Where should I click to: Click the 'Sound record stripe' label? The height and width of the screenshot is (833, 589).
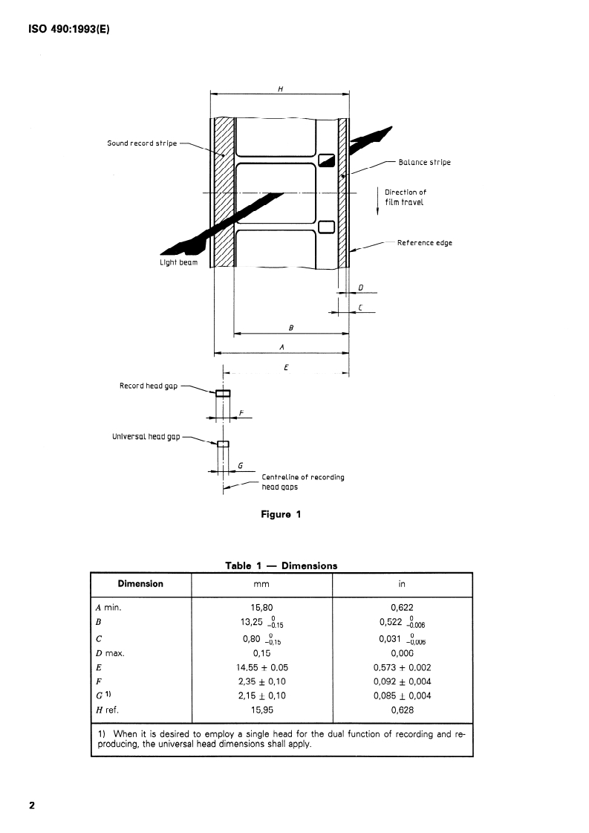pyautogui.click(x=142, y=143)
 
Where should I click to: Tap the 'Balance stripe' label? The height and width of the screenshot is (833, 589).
pyautogui.click(x=424, y=162)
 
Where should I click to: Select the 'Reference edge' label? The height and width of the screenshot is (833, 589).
pyautogui.click(x=424, y=243)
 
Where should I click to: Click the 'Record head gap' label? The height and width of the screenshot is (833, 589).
pyautogui.click(x=149, y=386)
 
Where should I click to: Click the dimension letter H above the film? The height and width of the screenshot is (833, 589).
pyautogui.click(x=280, y=88)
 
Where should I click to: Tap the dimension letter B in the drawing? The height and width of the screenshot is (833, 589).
pyautogui.click(x=290, y=327)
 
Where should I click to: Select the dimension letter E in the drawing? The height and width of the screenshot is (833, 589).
pyautogui.click(x=286, y=368)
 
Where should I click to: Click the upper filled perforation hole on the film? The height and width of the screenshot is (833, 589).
pyautogui.click(x=327, y=160)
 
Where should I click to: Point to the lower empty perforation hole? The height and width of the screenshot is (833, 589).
pyautogui.click(x=326, y=227)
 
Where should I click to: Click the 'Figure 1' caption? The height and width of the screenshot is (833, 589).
pyautogui.click(x=281, y=515)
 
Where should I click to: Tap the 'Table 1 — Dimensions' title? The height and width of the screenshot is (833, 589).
pyautogui.click(x=281, y=565)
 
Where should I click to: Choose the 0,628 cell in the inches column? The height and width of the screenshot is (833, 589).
pyautogui.click(x=402, y=710)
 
